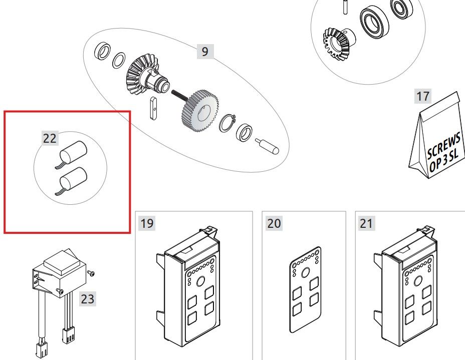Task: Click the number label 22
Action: click(x=50, y=138)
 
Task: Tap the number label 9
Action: click(x=205, y=52)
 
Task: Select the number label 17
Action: click(x=422, y=96)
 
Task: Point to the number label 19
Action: click(x=147, y=223)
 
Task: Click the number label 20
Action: click(x=274, y=223)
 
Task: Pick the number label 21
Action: click(x=366, y=223)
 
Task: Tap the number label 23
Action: click(x=88, y=299)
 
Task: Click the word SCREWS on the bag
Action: click(x=443, y=146)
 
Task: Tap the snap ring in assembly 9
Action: click(x=227, y=123)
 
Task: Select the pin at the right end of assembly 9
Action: click(x=267, y=146)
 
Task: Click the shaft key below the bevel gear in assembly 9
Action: click(x=153, y=109)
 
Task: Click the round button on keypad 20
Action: click(x=306, y=272)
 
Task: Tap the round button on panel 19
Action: click(x=201, y=281)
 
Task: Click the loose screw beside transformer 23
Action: click(x=91, y=273)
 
